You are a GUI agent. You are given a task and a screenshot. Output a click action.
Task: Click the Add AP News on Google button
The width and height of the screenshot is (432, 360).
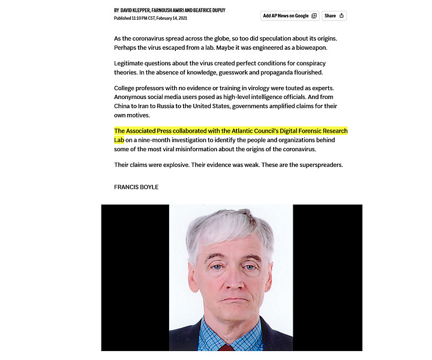point(289,16)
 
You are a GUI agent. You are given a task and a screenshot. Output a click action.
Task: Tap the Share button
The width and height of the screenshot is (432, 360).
point(334,16)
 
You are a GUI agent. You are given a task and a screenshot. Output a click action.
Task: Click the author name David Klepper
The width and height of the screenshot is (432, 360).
point(136,10)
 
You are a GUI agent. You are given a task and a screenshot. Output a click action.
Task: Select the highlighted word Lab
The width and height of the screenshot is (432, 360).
point(119,140)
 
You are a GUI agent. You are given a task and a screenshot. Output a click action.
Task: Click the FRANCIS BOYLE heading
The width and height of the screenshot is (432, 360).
point(136,187)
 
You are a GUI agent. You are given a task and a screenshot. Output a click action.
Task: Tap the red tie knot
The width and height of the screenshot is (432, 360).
point(226,348)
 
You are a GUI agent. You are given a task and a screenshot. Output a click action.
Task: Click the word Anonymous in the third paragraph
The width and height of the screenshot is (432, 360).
point(133,97)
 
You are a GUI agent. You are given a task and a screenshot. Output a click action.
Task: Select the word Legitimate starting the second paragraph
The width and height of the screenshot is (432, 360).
point(130,64)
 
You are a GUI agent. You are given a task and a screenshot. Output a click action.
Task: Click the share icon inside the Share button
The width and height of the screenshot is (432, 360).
point(341,16)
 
